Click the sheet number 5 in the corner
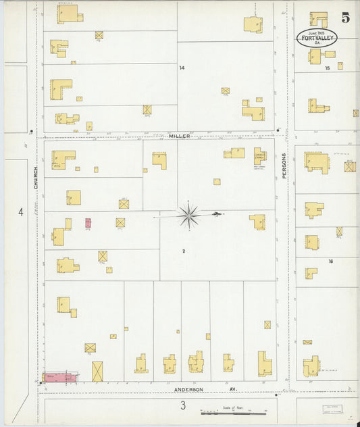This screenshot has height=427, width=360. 345,18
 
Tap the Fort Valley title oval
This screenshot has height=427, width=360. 317,38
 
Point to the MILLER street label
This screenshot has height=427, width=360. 179,136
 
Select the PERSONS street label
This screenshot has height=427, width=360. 284,164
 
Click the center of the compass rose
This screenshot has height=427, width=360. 188,216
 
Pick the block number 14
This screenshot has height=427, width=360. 182,68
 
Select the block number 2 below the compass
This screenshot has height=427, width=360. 183,251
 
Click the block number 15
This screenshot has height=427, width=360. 328,68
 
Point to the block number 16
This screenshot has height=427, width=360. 330,261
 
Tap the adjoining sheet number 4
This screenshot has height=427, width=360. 21,212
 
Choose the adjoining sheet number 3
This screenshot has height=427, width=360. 182,405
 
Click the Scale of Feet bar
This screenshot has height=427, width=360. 234,411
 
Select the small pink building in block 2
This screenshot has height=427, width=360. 88,222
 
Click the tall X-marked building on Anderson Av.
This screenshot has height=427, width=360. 97,371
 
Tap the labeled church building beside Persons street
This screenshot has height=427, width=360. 260,155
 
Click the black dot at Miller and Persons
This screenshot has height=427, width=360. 278,130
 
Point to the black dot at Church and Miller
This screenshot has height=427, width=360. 32,130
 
